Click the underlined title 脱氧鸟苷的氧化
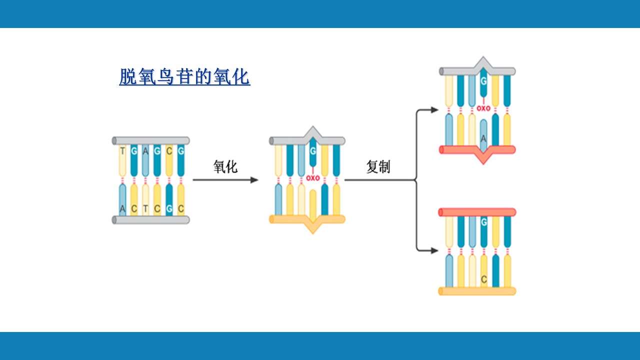coord(184,77)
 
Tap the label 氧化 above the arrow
coord(225,166)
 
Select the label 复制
coord(378,166)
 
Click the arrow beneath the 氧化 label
coord(225,180)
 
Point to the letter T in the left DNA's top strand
coord(122,150)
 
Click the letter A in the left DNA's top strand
coord(145,150)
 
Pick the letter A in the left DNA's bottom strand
coord(122,208)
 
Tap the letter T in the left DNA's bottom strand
coord(145,208)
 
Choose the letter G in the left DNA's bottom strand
coord(169,208)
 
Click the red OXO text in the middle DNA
coord(313,178)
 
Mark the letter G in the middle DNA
coord(313,149)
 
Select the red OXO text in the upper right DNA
coord(483,108)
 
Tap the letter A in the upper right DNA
coord(483,137)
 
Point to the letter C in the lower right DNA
coord(483,279)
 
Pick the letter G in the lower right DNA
coord(483,221)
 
